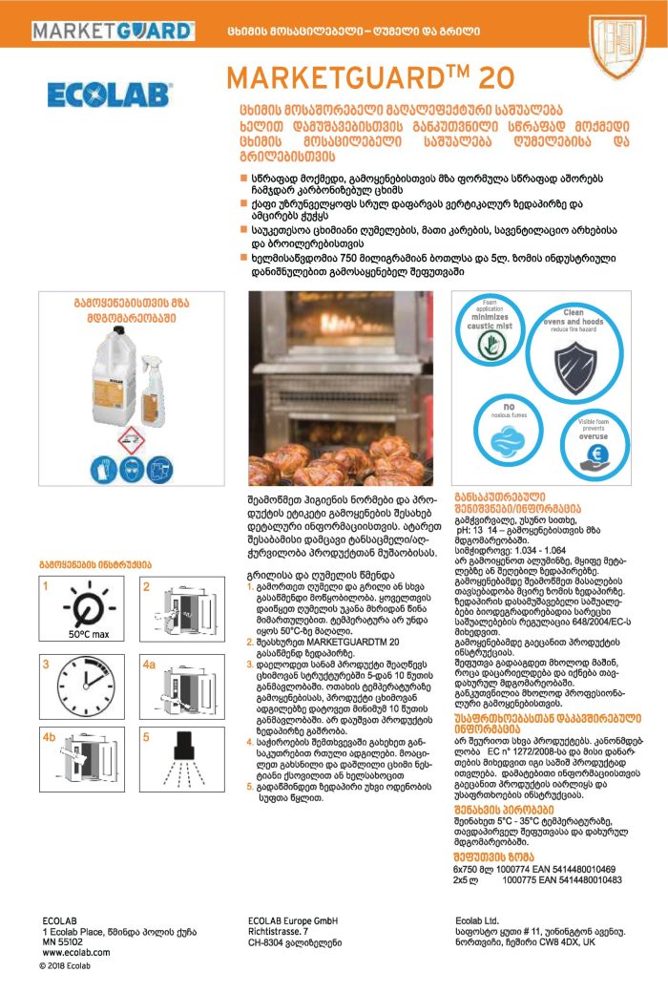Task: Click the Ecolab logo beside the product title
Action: coord(109,95)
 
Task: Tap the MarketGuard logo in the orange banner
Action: coord(113,31)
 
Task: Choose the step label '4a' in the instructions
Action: coord(149,662)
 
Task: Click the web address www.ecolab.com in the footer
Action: coord(75,952)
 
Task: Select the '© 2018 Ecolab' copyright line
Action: coord(65,965)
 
